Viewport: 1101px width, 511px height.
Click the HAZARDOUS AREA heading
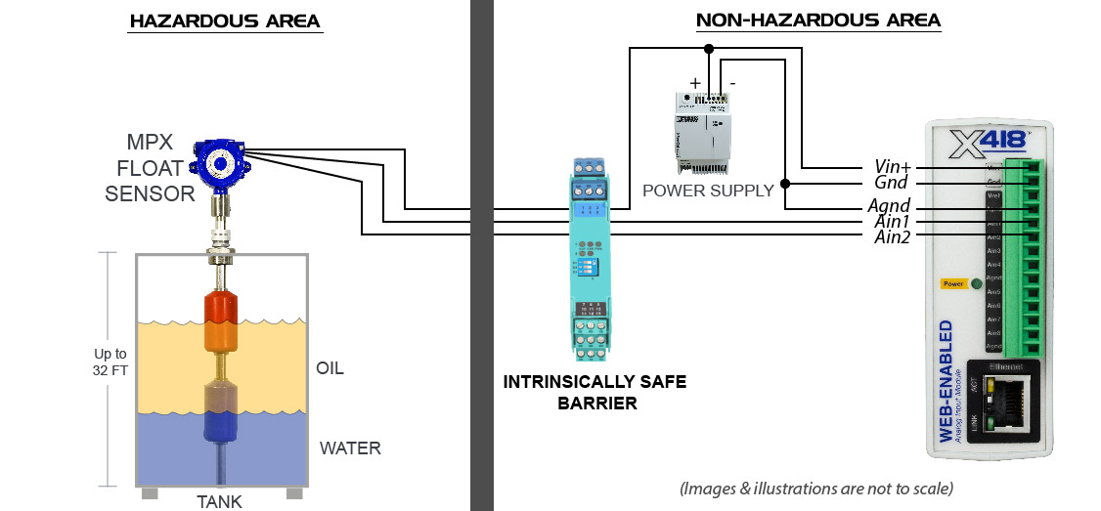click(225, 21)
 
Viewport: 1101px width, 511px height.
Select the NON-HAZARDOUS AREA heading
click(817, 21)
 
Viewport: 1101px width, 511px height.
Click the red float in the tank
click(219, 307)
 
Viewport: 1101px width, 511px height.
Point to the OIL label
click(330, 368)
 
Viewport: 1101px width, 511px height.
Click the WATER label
click(349, 448)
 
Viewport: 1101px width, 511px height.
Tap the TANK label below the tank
click(219, 501)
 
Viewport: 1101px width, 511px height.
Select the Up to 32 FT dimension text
click(110, 362)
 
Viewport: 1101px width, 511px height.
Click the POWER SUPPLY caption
click(708, 190)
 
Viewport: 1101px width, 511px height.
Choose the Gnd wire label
click(891, 183)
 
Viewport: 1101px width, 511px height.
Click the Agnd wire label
click(890, 206)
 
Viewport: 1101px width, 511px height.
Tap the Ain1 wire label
click(892, 222)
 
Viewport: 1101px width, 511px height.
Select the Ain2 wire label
click(892, 237)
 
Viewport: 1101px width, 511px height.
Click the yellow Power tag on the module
click(951, 283)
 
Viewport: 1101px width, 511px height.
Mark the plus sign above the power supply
click(695, 83)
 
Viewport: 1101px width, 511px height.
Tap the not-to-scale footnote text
click(816, 488)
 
